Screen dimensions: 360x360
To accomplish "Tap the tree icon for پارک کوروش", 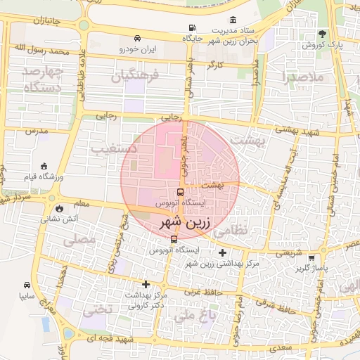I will click(x=323, y=34).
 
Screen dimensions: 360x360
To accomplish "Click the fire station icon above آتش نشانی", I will click(x=59, y=208).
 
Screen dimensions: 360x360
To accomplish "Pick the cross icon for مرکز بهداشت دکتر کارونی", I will click(x=146, y=284).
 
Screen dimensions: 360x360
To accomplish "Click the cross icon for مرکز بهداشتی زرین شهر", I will click(x=223, y=252).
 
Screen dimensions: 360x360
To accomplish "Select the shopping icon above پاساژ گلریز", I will click(x=321, y=257).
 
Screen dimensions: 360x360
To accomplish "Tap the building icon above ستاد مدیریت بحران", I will click(x=233, y=20).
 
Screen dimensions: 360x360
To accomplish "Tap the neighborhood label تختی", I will click(x=98, y=309).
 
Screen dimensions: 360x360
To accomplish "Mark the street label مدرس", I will click(x=36, y=131).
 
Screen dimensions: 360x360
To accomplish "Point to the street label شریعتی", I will click(x=288, y=252).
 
